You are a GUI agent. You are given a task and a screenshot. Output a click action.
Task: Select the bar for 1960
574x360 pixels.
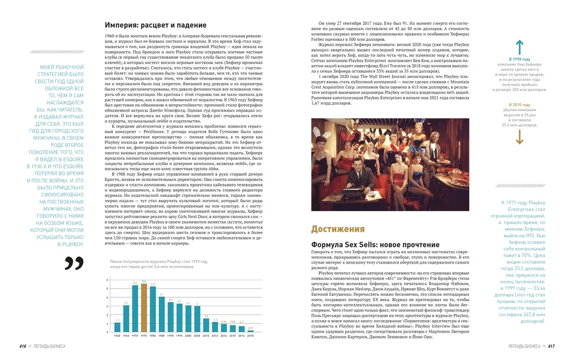pos(117,327)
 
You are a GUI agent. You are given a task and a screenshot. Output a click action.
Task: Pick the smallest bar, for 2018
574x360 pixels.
pos(250,331)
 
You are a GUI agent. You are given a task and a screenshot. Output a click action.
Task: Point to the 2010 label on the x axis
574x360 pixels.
pos(206,336)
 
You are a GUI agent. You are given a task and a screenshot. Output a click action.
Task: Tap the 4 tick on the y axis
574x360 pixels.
pos(107,297)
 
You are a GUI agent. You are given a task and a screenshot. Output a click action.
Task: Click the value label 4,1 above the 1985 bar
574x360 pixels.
pos(162,294)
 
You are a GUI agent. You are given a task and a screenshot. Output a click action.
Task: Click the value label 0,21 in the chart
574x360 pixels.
pos(250,328)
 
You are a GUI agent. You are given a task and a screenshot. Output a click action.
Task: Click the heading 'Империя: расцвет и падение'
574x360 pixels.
pos(156,25)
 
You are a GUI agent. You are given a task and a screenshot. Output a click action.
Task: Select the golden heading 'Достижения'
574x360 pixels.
pos(338,229)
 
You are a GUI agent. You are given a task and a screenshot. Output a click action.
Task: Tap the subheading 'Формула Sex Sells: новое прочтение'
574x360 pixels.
pos(375,245)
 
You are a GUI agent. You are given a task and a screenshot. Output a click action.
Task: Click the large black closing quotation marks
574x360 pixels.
pos(74,263)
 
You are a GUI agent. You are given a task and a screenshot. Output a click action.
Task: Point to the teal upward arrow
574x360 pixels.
pos(519,47)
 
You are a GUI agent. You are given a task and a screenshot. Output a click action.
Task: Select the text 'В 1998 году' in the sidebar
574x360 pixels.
pos(519,59)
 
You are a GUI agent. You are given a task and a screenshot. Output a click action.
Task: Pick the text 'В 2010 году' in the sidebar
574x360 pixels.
pos(519,105)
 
